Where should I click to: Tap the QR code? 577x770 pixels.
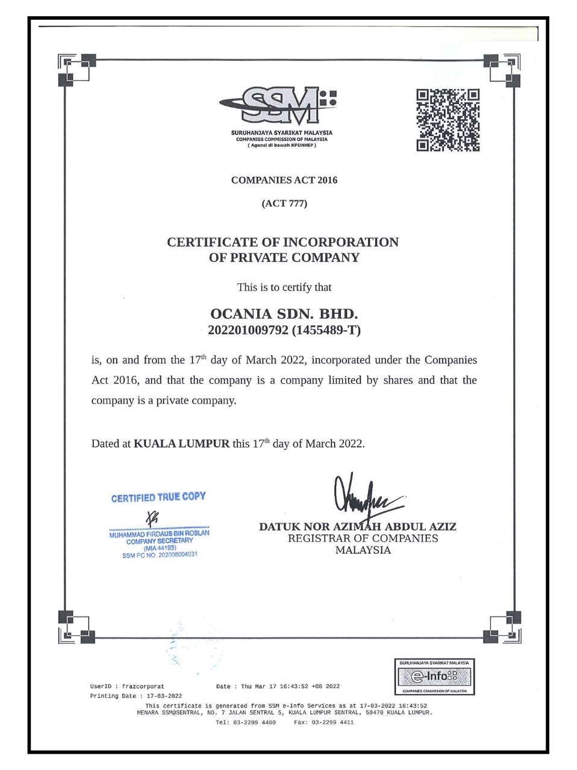[x=449, y=120]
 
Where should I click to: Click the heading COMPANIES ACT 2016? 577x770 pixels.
[x=284, y=180]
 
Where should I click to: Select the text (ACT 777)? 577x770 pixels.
[x=284, y=203]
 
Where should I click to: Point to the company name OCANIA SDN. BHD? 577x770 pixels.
[x=284, y=314]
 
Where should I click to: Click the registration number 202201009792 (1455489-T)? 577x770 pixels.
[x=284, y=330]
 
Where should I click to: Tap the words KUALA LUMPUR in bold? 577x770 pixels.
[x=181, y=444]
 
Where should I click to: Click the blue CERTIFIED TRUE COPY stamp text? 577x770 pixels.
[x=158, y=497]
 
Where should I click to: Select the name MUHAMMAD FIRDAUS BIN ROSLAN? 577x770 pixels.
[x=160, y=534]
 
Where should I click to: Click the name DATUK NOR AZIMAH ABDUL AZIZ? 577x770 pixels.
[x=357, y=527]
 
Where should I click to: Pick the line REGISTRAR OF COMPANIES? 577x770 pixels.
[x=363, y=538]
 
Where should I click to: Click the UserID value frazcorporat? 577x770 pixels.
[x=143, y=686]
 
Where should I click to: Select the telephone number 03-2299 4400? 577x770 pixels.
[x=254, y=722]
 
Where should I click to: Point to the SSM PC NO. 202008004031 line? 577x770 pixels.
[x=160, y=555]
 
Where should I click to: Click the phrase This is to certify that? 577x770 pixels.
[x=284, y=288]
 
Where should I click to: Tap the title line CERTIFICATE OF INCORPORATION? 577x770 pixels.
[x=282, y=242]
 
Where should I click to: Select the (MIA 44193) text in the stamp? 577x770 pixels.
[x=160, y=548]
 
